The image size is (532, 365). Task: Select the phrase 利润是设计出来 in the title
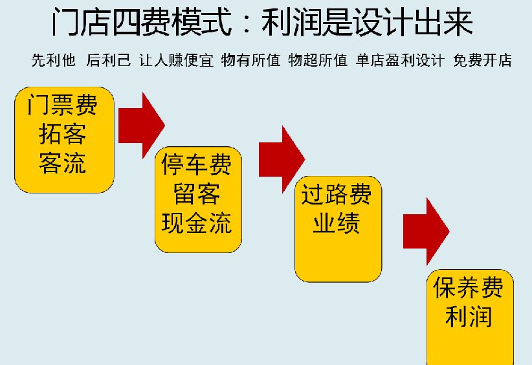(x=367, y=24)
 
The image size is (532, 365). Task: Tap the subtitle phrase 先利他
(x=54, y=61)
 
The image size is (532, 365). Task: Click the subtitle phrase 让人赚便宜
(x=176, y=61)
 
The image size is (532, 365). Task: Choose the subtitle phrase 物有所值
(x=250, y=61)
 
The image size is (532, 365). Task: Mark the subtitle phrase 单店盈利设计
(x=400, y=61)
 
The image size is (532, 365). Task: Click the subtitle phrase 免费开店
(x=483, y=61)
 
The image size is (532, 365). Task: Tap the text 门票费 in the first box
(x=63, y=105)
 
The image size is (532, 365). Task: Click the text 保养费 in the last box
(x=468, y=287)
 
